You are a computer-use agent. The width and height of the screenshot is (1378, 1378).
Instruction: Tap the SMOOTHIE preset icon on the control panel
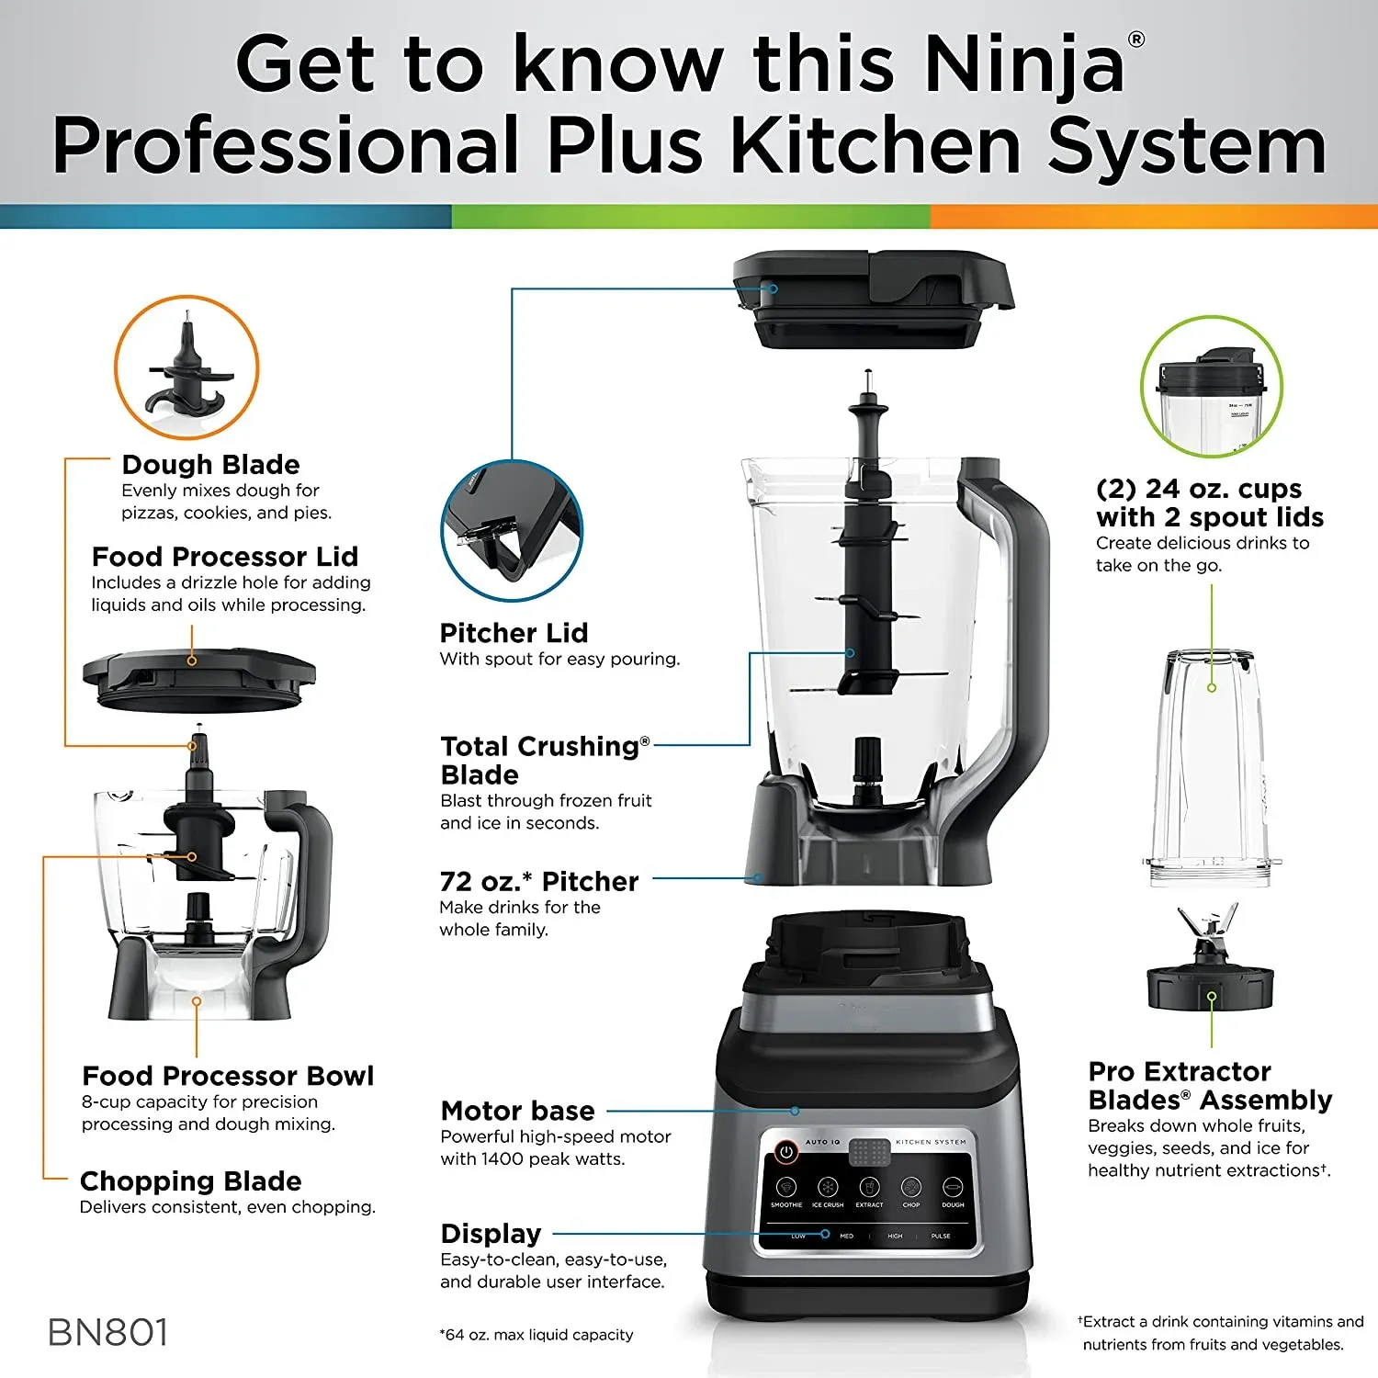(x=786, y=1187)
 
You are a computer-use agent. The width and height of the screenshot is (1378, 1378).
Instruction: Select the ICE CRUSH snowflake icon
(x=828, y=1187)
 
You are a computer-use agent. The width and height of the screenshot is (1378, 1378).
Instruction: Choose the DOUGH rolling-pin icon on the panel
(x=953, y=1187)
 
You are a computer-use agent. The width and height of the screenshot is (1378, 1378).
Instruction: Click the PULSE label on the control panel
(x=941, y=1237)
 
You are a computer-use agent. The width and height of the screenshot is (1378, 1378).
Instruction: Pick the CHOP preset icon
(x=910, y=1187)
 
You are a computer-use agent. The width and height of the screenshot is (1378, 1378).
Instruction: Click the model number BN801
(x=108, y=1333)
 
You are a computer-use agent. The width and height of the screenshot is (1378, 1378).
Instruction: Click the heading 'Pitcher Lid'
(x=514, y=633)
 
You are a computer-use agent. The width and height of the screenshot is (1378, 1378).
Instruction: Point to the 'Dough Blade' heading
(x=210, y=465)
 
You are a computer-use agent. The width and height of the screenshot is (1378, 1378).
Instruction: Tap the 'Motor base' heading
(x=517, y=1111)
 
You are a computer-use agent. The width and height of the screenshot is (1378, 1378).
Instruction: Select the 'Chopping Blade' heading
(x=190, y=1180)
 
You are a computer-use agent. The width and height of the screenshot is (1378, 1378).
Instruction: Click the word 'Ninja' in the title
(x=1022, y=64)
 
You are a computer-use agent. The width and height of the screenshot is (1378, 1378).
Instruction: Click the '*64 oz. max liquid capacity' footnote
(x=537, y=1335)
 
